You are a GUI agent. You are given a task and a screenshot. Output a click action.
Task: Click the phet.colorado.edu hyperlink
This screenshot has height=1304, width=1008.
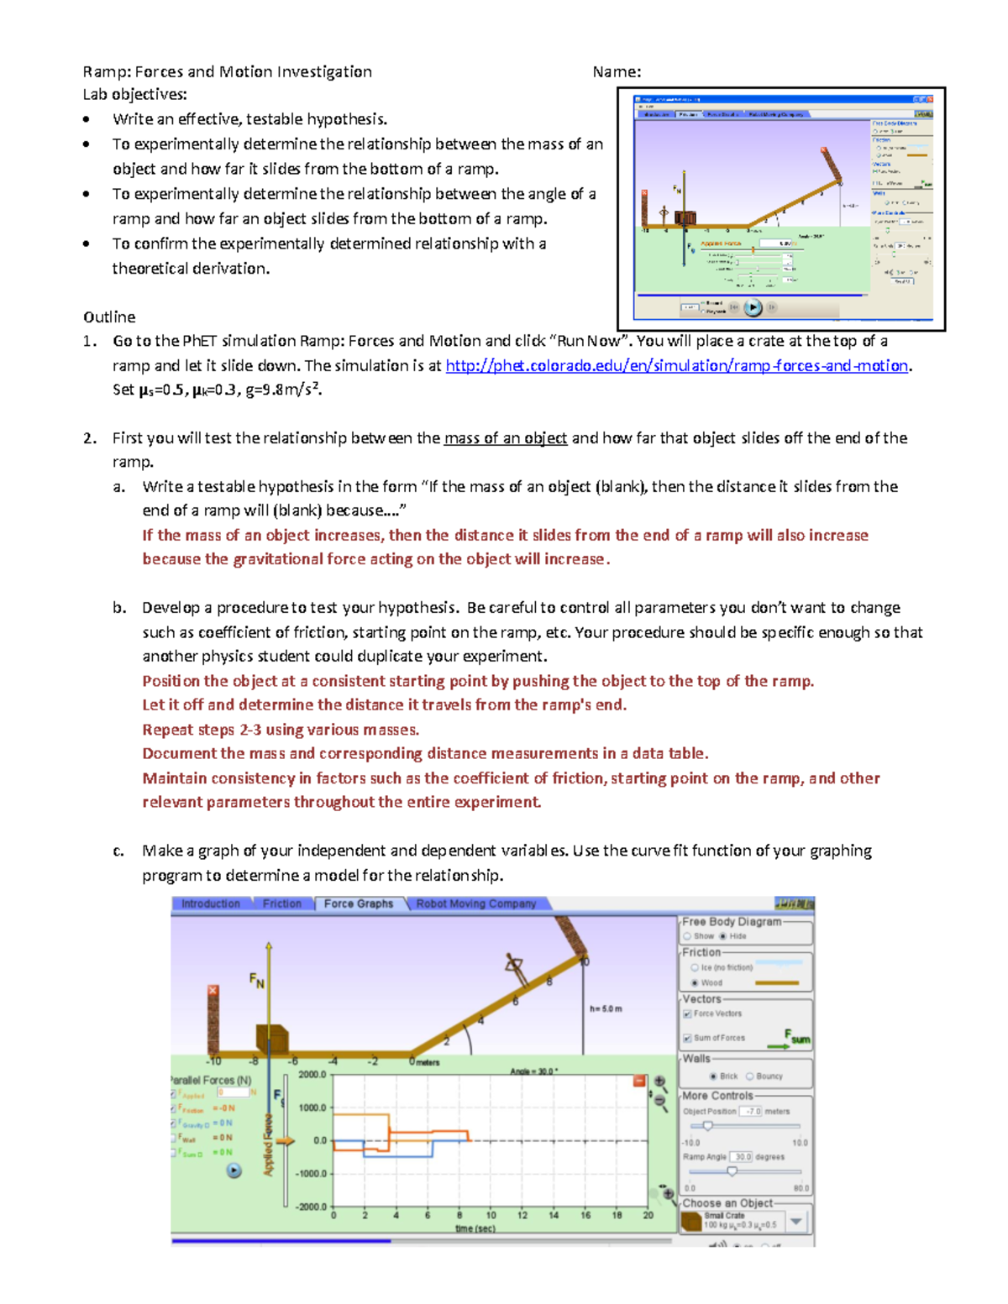tap(676, 365)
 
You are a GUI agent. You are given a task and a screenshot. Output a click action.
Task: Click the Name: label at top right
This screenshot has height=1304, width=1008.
tap(617, 71)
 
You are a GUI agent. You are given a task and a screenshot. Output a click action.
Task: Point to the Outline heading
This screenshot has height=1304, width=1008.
tap(109, 317)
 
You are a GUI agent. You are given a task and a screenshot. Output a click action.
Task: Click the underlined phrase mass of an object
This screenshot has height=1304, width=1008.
tap(505, 437)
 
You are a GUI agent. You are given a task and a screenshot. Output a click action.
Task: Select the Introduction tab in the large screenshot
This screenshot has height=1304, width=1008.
tap(210, 903)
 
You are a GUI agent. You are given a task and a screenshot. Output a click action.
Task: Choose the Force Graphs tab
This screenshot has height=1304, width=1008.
tap(358, 903)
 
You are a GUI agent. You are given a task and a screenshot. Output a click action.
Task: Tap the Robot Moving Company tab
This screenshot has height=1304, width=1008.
tap(475, 903)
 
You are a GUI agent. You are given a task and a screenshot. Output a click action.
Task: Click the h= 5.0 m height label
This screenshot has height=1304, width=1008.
tap(606, 1008)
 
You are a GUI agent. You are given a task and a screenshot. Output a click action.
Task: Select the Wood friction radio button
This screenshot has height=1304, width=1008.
tap(695, 982)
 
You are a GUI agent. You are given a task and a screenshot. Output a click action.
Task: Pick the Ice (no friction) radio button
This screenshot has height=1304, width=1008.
tap(695, 967)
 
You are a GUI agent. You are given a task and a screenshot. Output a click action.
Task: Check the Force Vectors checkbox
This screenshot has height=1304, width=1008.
tap(687, 1013)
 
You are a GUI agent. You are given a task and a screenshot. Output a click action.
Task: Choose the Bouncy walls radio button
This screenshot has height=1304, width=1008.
tap(750, 1076)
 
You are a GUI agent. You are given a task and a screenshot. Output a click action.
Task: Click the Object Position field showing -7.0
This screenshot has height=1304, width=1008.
tap(750, 1111)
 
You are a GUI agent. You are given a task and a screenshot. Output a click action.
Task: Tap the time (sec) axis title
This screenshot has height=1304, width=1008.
tap(475, 1228)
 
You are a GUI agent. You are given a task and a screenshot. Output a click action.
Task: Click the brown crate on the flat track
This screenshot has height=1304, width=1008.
tap(272, 1039)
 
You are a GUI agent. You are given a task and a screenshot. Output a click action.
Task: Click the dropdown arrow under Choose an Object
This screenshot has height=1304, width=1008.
tap(796, 1221)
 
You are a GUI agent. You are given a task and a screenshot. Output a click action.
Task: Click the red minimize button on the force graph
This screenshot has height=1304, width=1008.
tap(639, 1081)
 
